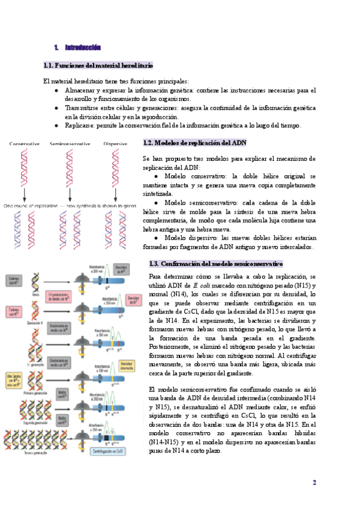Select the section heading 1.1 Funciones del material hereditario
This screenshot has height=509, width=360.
pos(98,65)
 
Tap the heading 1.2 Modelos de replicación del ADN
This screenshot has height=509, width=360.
pos(194,143)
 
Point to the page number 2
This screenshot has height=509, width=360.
pos(314,482)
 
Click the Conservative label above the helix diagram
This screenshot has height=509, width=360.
pos(24,144)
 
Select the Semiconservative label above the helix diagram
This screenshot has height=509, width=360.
pos(70,144)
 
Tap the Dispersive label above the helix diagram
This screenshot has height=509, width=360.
pos(115,144)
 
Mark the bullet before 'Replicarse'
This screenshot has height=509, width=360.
pos(56,125)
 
